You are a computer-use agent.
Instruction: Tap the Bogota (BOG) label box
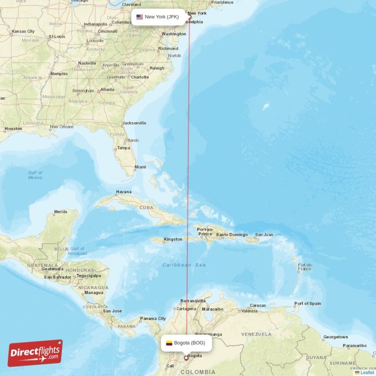click(x=186, y=343)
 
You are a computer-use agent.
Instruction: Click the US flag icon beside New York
click(x=140, y=17)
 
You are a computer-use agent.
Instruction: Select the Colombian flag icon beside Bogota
click(x=169, y=343)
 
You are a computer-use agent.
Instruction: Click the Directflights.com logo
click(x=35, y=353)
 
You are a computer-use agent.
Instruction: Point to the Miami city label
click(x=140, y=167)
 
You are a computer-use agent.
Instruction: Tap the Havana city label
click(x=124, y=192)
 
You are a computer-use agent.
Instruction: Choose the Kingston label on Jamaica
click(x=172, y=239)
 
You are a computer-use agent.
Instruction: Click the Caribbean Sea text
click(x=184, y=265)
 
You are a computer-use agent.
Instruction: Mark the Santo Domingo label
click(x=232, y=235)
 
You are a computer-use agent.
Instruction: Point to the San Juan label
click(x=264, y=235)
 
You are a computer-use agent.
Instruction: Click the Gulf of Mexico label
click(x=35, y=175)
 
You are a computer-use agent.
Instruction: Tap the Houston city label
click(x=13, y=128)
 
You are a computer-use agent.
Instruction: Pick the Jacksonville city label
click(x=134, y=123)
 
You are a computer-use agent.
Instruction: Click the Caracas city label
click(x=258, y=305)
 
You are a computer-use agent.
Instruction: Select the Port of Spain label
click(x=307, y=303)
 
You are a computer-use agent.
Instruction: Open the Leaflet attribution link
click(x=367, y=372)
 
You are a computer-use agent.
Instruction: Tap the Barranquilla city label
click(x=193, y=300)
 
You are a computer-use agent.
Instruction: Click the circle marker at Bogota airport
click(x=186, y=358)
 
